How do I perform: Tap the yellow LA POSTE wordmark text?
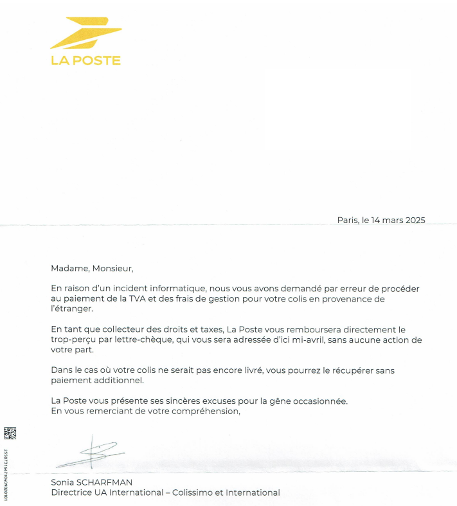[85, 61]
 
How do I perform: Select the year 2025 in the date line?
[412, 220]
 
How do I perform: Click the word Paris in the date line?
[348, 220]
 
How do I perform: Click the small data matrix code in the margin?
[10, 433]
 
